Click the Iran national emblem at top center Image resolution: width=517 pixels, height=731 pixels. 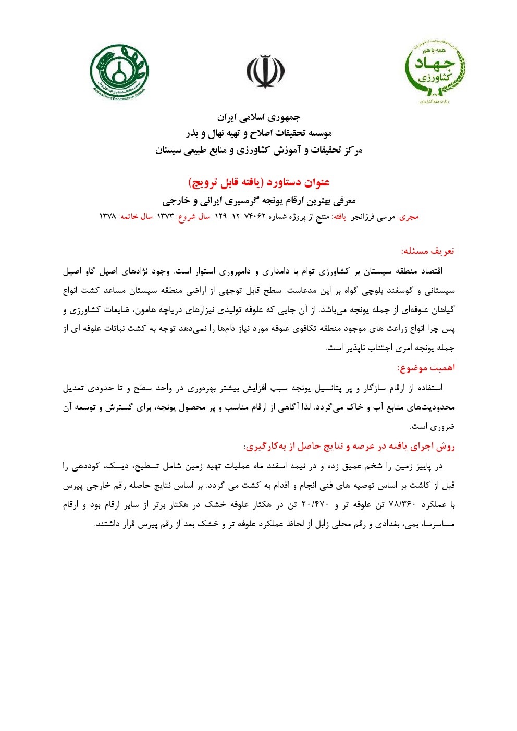coord(266,71)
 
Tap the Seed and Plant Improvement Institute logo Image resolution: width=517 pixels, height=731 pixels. coord(119,71)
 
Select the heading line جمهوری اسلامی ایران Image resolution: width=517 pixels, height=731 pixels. coord(258,117)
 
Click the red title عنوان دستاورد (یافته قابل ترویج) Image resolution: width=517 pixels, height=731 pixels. coord(258,182)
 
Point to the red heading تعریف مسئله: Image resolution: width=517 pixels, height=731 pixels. coord(427,251)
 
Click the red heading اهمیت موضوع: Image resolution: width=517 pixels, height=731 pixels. coord(426,368)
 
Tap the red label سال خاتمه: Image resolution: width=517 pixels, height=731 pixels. coord(135,216)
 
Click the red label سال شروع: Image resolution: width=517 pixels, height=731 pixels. coord(193,216)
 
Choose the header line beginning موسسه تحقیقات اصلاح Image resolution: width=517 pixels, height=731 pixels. coord(258,134)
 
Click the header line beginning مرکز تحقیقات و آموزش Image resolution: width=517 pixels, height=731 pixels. coord(258,151)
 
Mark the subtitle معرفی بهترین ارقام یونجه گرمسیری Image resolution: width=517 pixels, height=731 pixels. coord(258,200)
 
